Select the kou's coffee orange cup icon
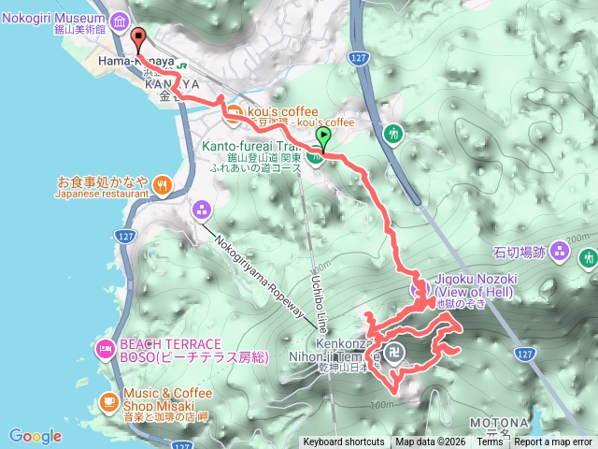click(234, 116)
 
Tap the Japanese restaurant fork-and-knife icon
click(163, 184)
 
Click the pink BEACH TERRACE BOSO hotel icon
click(105, 349)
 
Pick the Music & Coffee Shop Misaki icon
click(108, 402)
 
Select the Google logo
click(36, 436)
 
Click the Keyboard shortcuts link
click(343, 442)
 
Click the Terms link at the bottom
click(490, 442)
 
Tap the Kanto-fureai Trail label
click(252, 145)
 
